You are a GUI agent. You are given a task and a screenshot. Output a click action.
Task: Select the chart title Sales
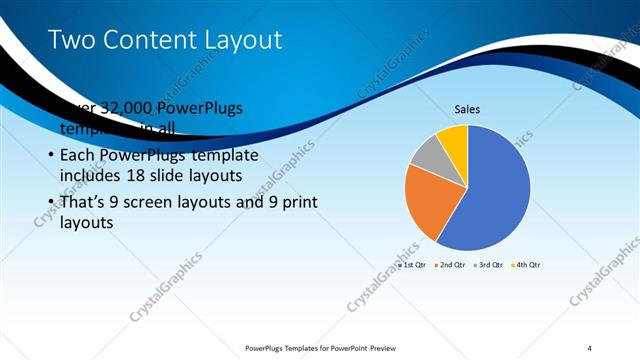click(468, 108)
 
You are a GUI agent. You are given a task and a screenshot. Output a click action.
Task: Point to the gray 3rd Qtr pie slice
click(428, 155)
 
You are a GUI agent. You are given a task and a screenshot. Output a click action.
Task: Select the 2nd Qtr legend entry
click(452, 266)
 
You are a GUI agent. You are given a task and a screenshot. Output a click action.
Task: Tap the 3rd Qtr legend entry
click(491, 266)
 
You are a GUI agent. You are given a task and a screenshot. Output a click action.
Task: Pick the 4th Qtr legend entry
click(529, 266)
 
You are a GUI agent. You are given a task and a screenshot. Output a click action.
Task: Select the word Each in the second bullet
click(78, 156)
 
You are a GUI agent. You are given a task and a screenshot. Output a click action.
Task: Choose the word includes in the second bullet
click(92, 177)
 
